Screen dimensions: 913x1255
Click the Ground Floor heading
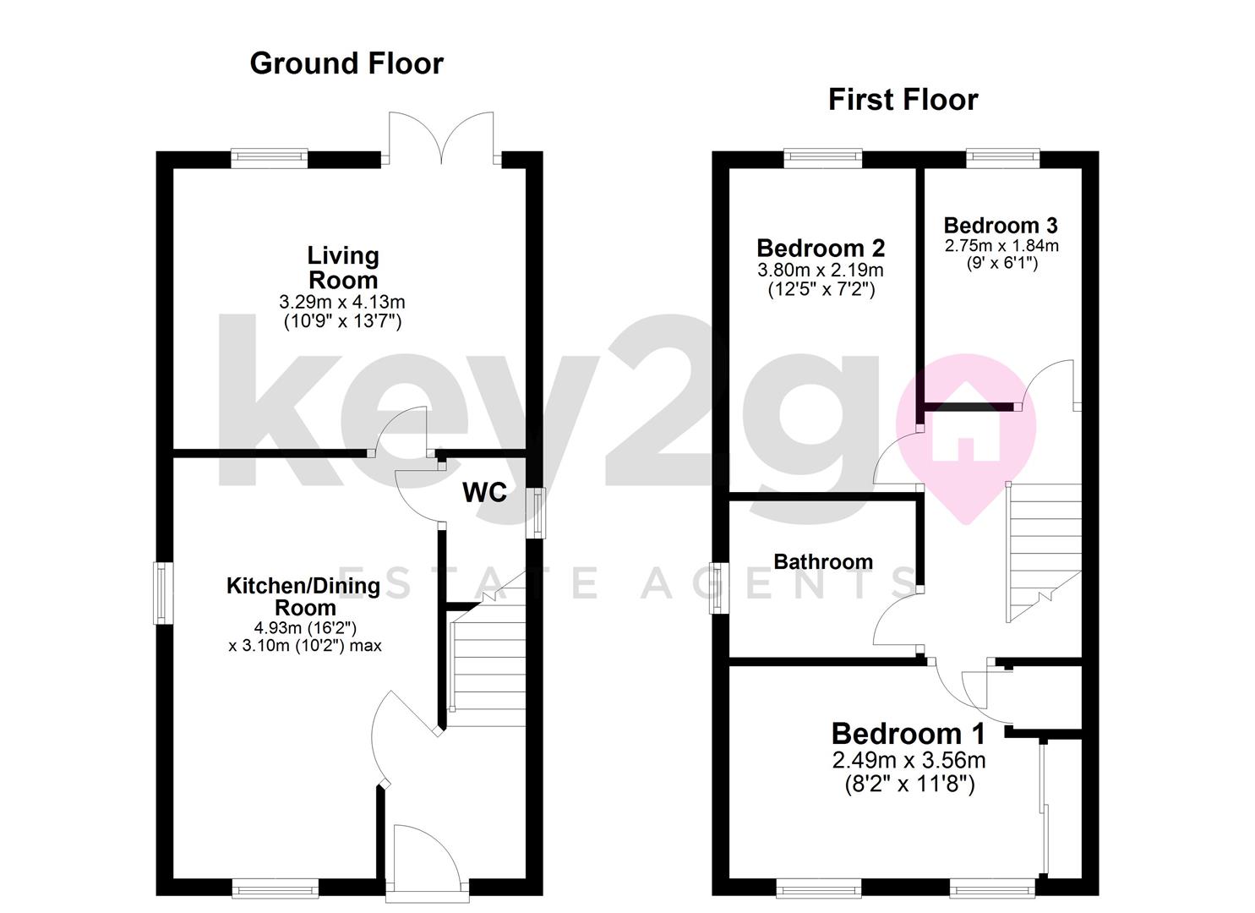coord(346,63)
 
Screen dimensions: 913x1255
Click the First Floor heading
coord(903,100)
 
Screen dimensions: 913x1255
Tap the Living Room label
coord(342,267)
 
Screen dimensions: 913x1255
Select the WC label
coord(484,493)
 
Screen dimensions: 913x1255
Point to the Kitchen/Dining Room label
coord(304,596)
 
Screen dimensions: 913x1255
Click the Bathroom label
coord(823,562)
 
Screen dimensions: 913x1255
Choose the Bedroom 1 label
coord(908,734)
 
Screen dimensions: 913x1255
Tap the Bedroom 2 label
coord(821,249)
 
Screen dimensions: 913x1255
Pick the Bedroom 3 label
coord(1001,226)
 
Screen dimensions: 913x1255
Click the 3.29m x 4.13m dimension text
coord(342,302)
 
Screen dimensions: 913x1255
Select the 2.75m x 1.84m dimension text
coord(1001,246)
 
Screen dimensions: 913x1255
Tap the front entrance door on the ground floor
coord(426,858)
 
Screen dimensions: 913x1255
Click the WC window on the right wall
coord(536,512)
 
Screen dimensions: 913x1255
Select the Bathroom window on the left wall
coord(718,588)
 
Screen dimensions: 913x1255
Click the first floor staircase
coord(1045,549)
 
